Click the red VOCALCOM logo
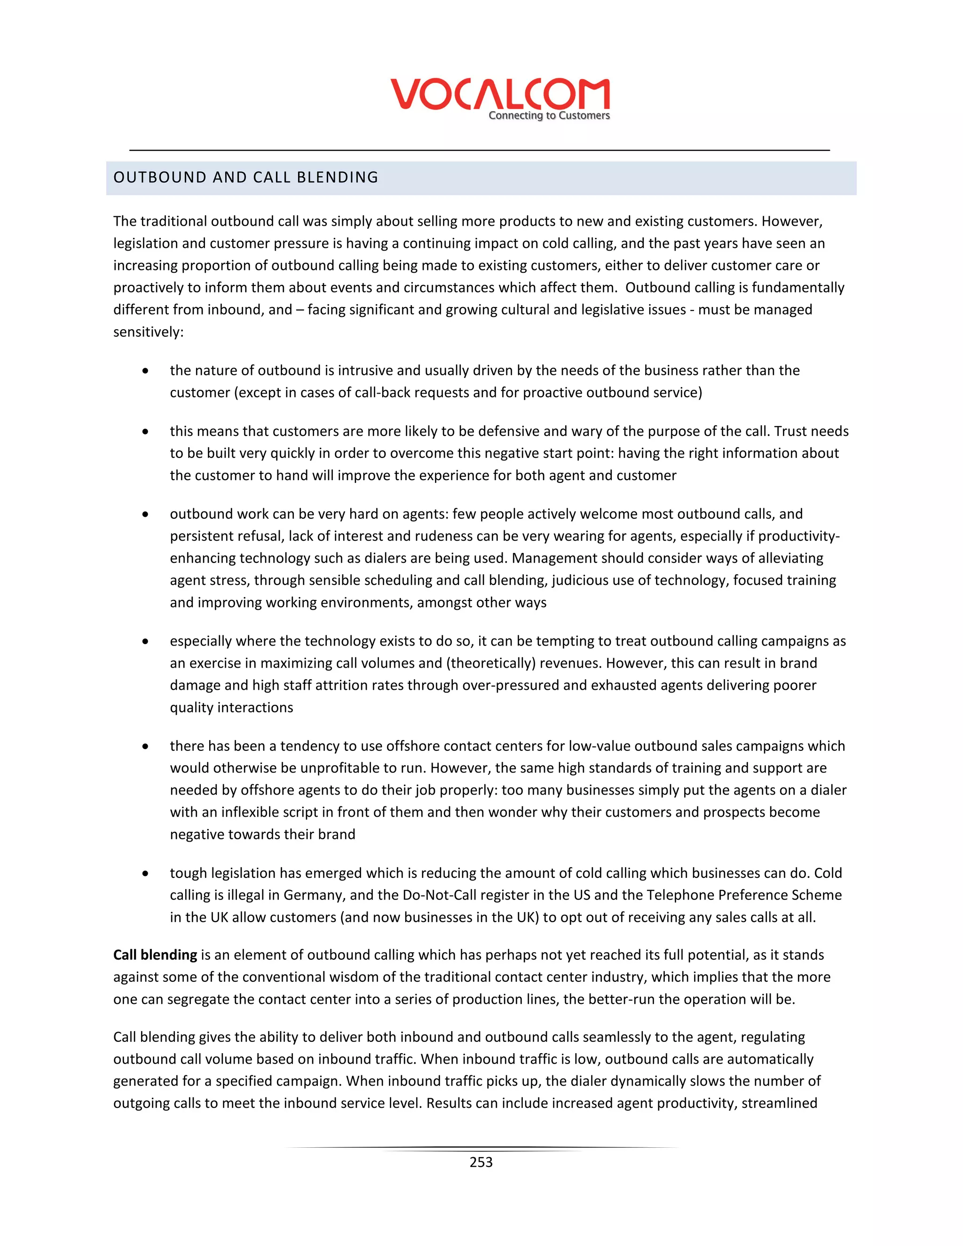tap(500, 94)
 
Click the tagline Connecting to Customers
tap(549, 116)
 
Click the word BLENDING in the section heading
tap(338, 177)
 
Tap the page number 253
tap(481, 1162)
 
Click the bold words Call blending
tap(155, 955)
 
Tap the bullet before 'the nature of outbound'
tap(146, 371)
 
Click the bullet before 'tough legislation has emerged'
tap(146, 874)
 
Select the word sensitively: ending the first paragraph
tap(148, 332)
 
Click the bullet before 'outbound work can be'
tap(146, 514)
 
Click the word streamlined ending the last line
tap(779, 1104)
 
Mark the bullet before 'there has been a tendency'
tap(146, 747)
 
